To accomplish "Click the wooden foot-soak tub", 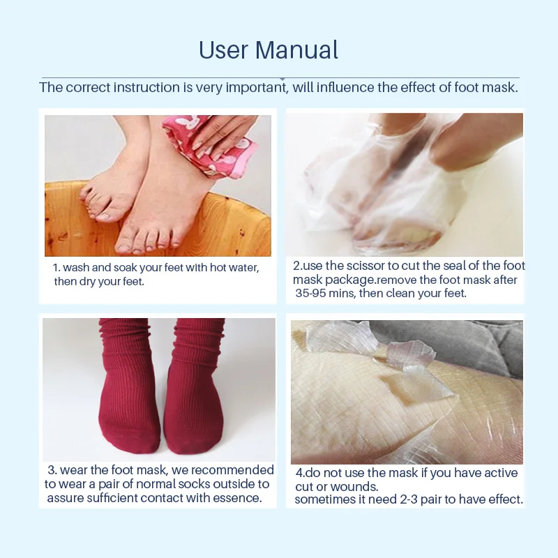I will (x=157, y=223).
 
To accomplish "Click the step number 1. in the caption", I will (x=57, y=268).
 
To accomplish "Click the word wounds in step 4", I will (x=355, y=487).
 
